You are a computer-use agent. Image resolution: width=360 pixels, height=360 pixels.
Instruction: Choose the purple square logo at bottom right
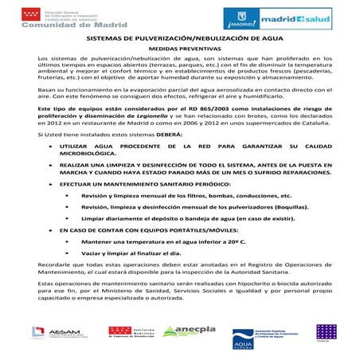tap(326, 331)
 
